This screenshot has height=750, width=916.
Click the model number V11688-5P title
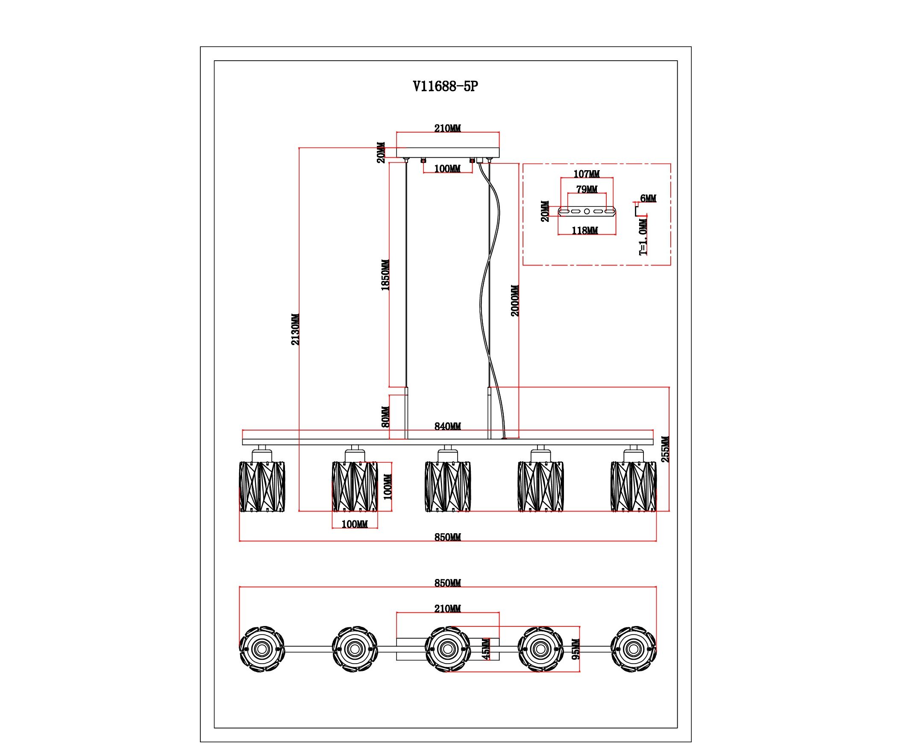pos(446,87)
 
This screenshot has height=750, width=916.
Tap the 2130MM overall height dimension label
pos(295,329)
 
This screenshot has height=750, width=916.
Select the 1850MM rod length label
pos(385,275)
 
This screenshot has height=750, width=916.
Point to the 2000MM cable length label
pos(515,301)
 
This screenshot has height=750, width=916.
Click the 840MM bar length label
pos(448,426)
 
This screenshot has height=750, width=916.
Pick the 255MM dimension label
pos(665,449)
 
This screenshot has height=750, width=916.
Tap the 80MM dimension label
pos(386,417)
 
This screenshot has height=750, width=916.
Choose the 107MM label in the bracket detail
pos(587,174)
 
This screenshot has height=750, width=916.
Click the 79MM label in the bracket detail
pos(587,190)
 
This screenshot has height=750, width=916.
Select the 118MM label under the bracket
pos(585,231)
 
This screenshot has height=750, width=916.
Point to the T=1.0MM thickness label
pos(643,237)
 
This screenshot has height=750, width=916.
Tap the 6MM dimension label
pos(648,198)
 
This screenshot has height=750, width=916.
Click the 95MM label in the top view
pos(576,649)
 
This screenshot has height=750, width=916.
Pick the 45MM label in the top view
pos(486,649)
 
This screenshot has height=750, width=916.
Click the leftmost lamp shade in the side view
pos(262,487)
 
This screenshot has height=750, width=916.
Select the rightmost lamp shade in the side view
pos(634,487)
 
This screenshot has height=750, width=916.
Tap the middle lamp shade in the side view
pos(448,487)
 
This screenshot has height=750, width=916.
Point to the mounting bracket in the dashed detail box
pos(587,211)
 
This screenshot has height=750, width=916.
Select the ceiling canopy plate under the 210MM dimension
pos(448,153)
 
